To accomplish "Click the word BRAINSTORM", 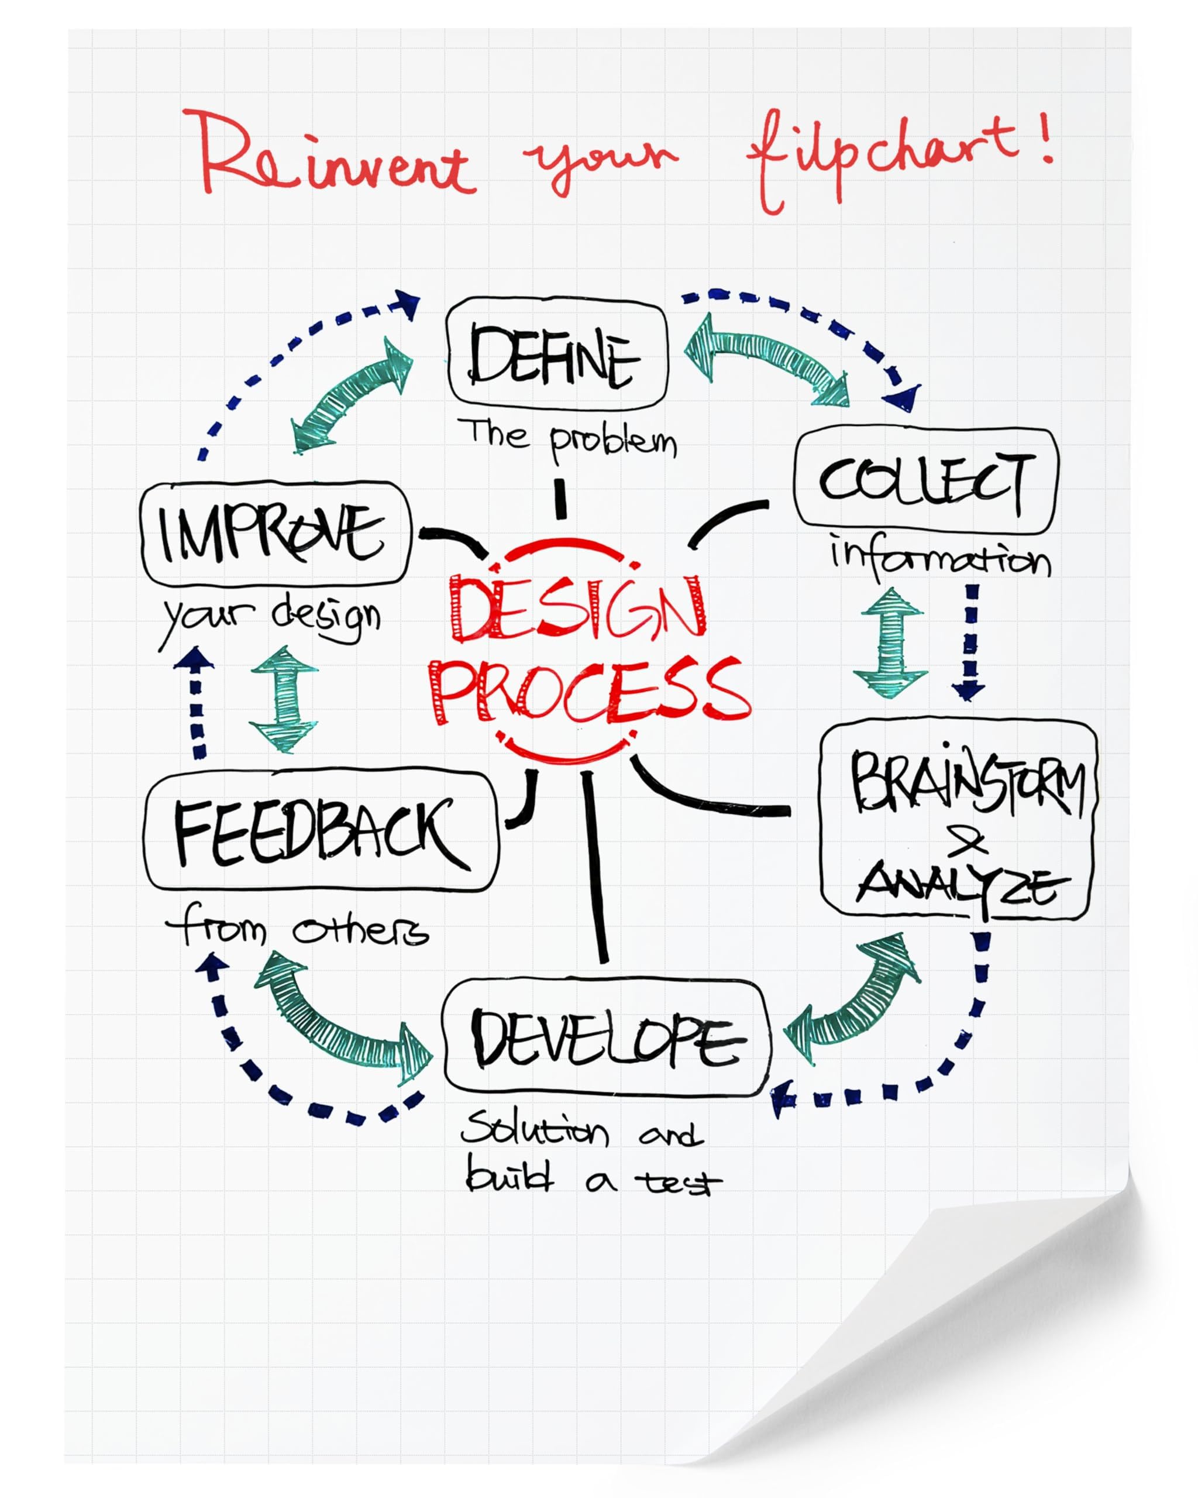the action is (x=968, y=781).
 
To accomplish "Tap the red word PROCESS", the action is (x=592, y=690).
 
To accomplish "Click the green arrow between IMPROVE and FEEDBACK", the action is (x=283, y=699).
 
